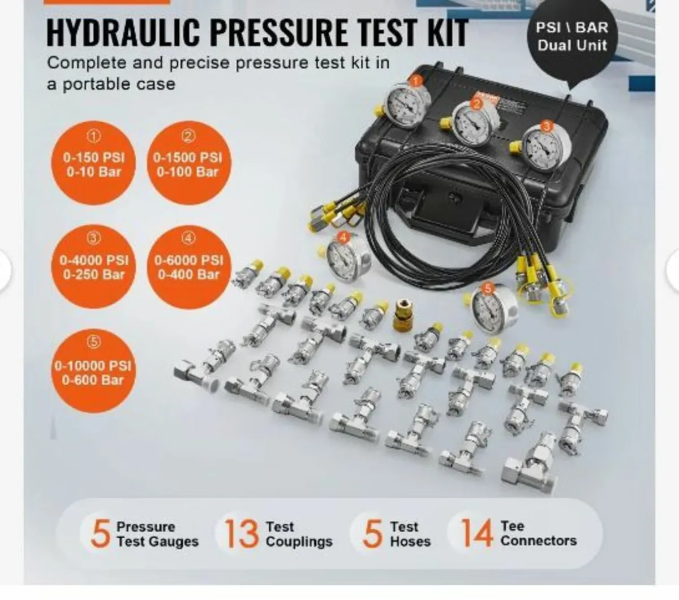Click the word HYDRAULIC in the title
click(123, 33)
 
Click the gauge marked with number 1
click(407, 105)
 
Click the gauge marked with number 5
click(492, 309)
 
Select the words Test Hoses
click(410, 534)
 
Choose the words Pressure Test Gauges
click(157, 534)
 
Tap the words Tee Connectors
click(538, 534)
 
